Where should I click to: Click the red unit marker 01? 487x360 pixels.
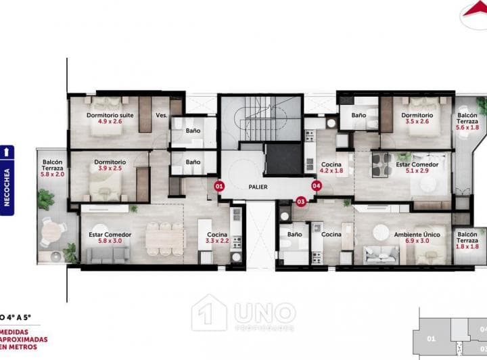tap(218, 185)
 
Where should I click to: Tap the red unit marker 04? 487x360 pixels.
tap(316, 185)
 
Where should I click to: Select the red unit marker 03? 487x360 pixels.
tap(301, 200)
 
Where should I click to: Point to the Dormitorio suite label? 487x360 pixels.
tap(110, 115)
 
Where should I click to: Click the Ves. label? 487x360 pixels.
tap(161, 116)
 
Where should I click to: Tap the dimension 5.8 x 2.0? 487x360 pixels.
tap(53, 174)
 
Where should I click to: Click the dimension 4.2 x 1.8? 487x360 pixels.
tap(331, 171)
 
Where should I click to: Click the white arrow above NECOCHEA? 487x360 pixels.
tap(7, 152)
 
